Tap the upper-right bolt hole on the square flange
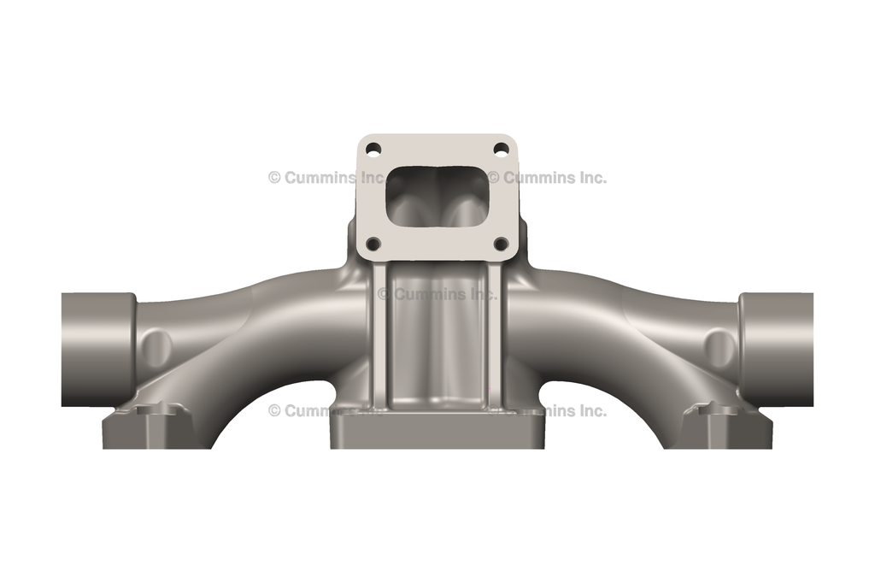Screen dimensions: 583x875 502,149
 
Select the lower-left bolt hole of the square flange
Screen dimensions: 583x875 373,244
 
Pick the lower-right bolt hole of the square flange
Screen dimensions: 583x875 502,244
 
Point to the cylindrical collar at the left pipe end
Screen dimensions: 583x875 97,349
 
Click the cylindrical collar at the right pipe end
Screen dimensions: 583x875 776,349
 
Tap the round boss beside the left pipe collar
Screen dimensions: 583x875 159,347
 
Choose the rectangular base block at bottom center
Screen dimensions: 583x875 437,432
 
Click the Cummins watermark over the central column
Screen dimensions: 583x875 437,294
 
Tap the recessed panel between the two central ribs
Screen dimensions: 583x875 437,342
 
